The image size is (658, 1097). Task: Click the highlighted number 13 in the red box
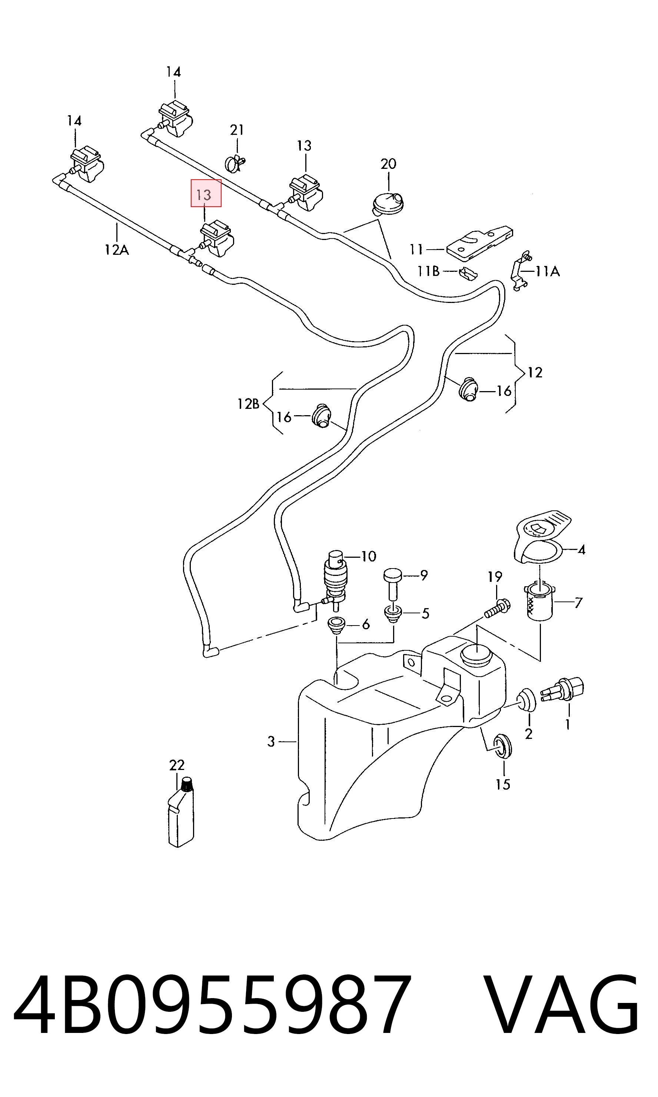pyautogui.click(x=204, y=194)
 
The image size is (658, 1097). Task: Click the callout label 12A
pyautogui.click(x=117, y=250)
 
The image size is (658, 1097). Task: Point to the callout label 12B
pyautogui.click(x=248, y=404)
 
